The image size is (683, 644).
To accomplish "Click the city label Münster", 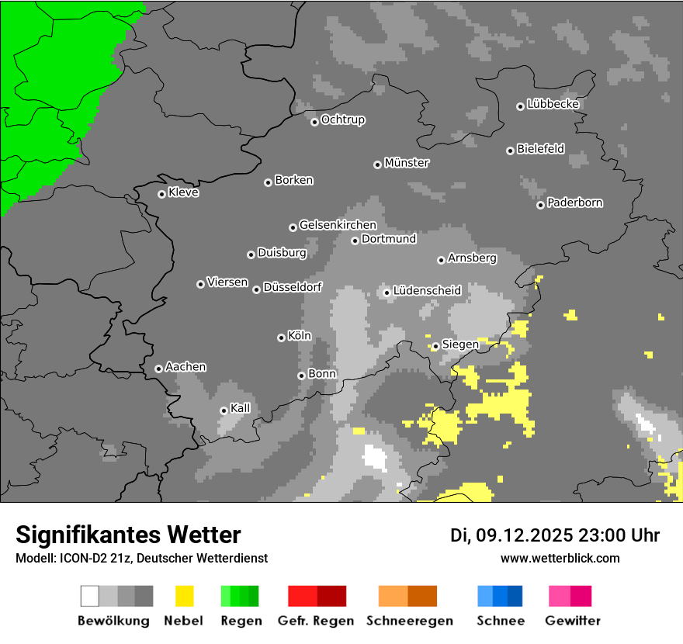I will pyautogui.click(x=407, y=163).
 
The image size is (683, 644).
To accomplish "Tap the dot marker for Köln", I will pyautogui.click(x=281, y=338).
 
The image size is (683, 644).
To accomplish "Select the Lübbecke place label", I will pyautogui.click(x=553, y=104).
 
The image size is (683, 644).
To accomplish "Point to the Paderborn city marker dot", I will pyautogui.click(x=540, y=205).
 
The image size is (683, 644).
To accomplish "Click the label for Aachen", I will pyautogui.click(x=185, y=366).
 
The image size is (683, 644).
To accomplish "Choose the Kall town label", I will pyautogui.click(x=240, y=408).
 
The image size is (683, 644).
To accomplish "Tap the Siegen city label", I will pyautogui.click(x=460, y=344).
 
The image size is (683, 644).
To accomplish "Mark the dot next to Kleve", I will pyautogui.click(x=161, y=194).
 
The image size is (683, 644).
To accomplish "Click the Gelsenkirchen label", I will pyautogui.click(x=338, y=225).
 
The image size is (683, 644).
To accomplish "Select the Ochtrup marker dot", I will pyautogui.click(x=314, y=122).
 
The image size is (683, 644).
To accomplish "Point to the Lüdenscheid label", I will pyautogui.click(x=427, y=290).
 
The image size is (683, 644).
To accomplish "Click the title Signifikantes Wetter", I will pyautogui.click(x=128, y=535).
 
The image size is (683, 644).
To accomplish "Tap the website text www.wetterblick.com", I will pyautogui.click(x=560, y=558).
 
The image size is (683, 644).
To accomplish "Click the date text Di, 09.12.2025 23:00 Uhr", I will pyautogui.click(x=555, y=535).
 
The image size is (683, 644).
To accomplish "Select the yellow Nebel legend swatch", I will pyautogui.click(x=184, y=596).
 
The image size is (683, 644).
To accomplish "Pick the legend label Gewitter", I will pyautogui.click(x=572, y=621).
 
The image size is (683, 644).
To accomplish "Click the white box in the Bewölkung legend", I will pyautogui.click(x=90, y=596).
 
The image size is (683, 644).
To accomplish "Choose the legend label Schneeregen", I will pyautogui.click(x=409, y=621).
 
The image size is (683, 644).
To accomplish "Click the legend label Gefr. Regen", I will pyautogui.click(x=316, y=621).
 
